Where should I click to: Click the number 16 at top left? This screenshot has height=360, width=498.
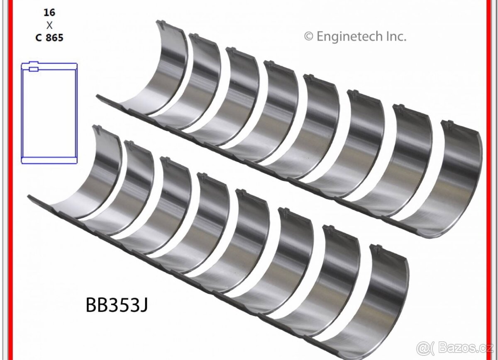point(49,12)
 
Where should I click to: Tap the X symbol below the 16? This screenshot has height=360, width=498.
point(49,25)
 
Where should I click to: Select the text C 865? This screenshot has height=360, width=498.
point(49,38)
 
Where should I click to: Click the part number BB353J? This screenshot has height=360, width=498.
point(117,305)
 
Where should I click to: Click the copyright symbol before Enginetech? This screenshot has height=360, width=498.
point(309,36)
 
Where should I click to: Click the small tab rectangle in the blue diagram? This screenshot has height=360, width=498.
point(34,69)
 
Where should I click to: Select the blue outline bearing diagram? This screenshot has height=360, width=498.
point(49,113)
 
